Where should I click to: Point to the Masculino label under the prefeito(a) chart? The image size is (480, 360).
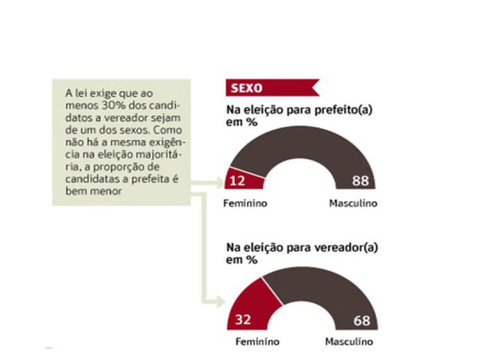[x=353, y=203]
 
